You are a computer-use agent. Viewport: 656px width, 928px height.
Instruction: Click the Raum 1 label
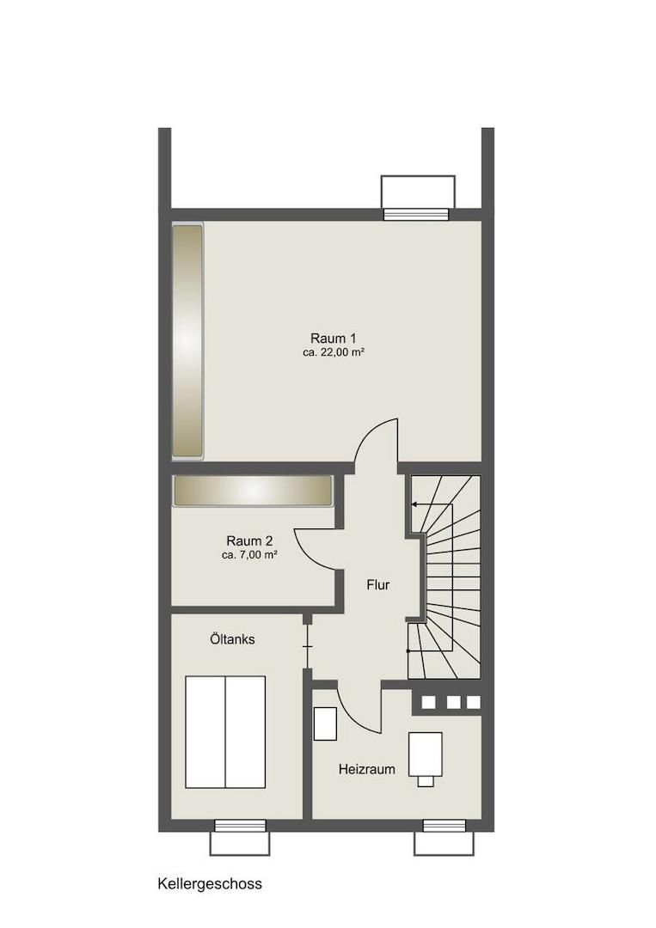(x=334, y=339)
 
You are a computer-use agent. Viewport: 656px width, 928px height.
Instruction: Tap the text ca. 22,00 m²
(x=334, y=353)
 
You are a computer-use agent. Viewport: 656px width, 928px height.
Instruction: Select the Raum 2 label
(x=249, y=541)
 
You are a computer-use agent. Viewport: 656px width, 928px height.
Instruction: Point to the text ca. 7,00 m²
(x=249, y=555)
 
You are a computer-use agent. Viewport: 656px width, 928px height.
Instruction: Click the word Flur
(x=378, y=585)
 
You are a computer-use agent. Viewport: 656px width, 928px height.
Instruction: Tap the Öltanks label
(x=233, y=639)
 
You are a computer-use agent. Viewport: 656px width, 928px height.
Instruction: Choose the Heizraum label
(x=367, y=769)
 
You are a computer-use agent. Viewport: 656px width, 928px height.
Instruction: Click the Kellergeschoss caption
(x=210, y=884)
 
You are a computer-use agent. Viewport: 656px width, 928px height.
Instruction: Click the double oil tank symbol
(x=225, y=732)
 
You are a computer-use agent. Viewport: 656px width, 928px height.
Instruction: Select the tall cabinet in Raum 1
(x=187, y=341)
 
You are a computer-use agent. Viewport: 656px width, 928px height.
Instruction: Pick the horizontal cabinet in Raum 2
(x=252, y=491)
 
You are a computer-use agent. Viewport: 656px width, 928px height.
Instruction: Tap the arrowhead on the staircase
(x=414, y=505)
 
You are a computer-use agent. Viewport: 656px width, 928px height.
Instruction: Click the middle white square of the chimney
(x=453, y=702)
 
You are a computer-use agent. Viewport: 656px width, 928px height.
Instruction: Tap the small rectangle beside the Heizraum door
(x=325, y=723)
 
